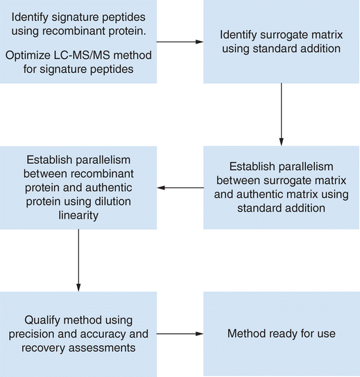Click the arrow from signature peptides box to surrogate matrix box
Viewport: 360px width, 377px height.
180,42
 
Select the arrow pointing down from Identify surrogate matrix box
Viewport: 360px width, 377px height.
281,115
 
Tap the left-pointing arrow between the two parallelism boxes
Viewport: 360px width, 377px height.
180,187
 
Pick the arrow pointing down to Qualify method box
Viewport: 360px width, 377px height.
78,260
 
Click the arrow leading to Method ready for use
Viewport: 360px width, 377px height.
180,334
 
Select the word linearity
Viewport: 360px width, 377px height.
78,215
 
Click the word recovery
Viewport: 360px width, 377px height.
44,348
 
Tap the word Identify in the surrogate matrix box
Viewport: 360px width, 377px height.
239,35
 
